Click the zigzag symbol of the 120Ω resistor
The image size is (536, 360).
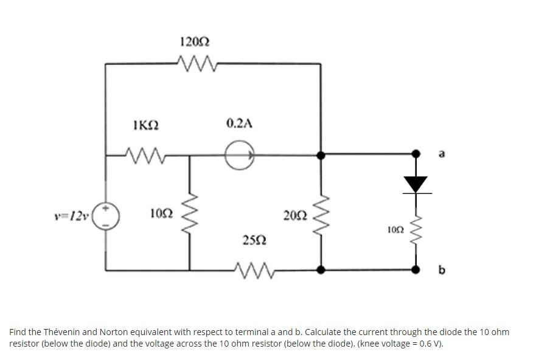click(197, 61)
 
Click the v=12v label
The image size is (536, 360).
click(71, 215)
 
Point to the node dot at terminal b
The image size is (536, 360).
click(416, 268)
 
